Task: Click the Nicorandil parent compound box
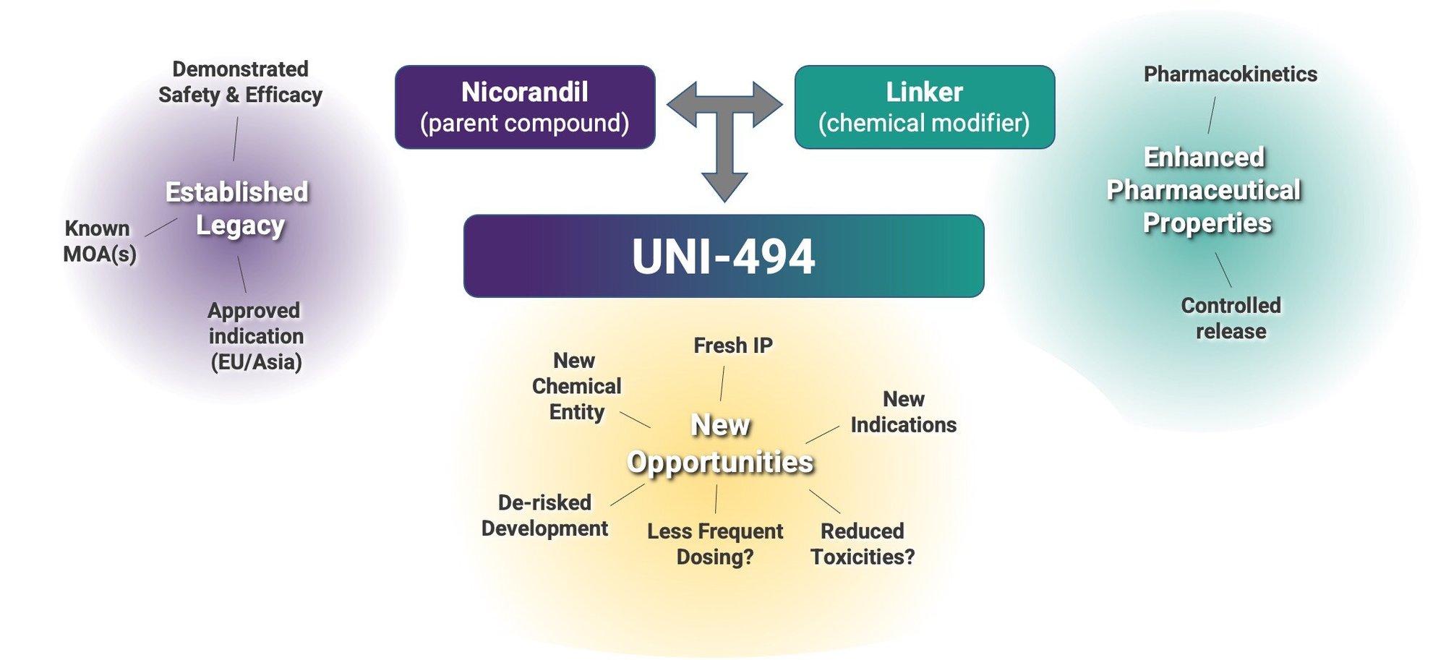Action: coord(525,107)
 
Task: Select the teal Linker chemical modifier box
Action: coord(924,107)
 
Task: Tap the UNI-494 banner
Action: coord(723,256)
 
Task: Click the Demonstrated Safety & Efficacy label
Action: coord(240,82)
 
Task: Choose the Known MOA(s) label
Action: coord(99,241)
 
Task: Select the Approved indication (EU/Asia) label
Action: coord(255,336)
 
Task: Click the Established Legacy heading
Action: coord(238,209)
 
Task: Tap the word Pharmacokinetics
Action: coord(1230,74)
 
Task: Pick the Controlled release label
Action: coord(1231,318)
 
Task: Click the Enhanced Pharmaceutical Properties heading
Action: coord(1205,190)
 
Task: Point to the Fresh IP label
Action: coord(732,346)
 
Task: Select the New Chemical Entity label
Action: coord(576,386)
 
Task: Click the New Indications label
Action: coord(903,412)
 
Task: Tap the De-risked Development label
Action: coord(544,515)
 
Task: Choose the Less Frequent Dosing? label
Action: coord(714,544)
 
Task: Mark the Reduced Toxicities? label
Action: coord(862,544)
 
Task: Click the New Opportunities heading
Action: coord(720,443)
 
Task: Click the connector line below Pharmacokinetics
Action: coord(1212,115)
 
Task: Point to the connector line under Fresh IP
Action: coord(722,383)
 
